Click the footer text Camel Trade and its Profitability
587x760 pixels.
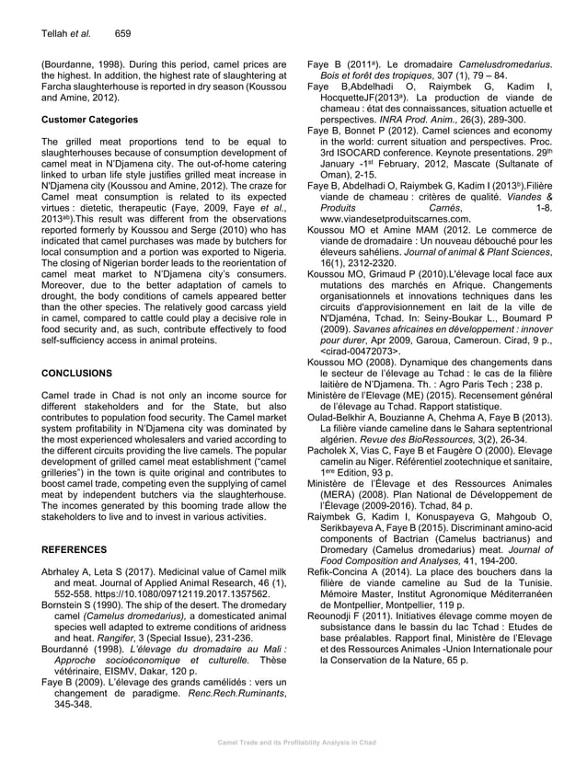[x=293, y=741]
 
